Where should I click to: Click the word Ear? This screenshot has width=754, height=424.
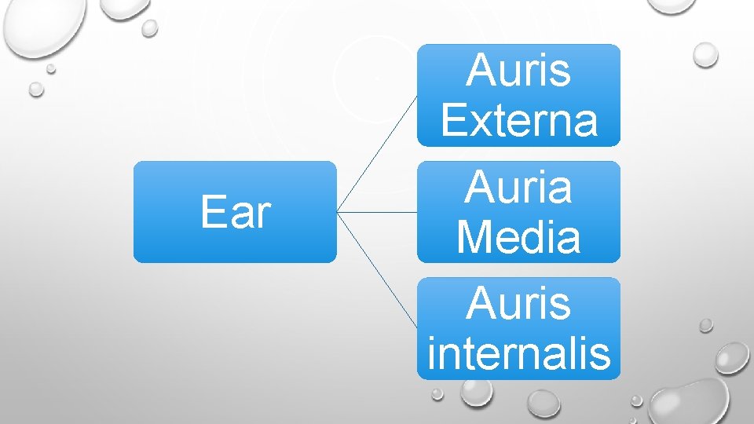(235, 212)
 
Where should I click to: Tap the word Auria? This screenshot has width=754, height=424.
(518, 188)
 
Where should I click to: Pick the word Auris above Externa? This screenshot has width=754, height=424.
(518, 71)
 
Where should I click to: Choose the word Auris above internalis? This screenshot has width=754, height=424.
(518, 304)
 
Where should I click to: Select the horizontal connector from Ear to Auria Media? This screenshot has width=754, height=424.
(377, 212)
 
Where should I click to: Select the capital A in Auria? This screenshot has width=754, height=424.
(479, 188)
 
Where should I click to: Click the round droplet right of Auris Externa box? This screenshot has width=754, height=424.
(705, 54)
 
